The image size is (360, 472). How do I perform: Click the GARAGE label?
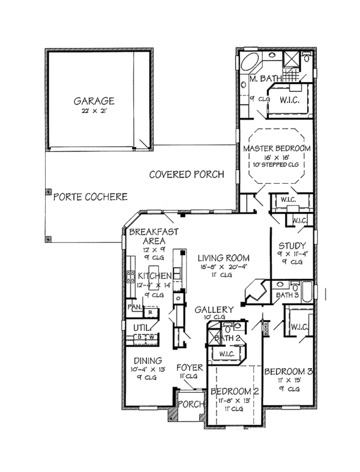(x=94, y=101)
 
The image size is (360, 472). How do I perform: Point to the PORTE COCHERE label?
(x=91, y=197)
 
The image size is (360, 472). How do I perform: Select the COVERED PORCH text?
(x=187, y=175)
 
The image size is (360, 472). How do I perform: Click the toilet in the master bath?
(x=307, y=59)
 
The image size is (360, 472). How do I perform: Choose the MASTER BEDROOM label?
(x=277, y=148)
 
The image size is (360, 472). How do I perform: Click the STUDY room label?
(x=293, y=246)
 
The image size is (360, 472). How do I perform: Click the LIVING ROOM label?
(x=224, y=258)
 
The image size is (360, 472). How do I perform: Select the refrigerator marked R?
(x=151, y=312)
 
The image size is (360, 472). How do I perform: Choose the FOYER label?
(x=189, y=367)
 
